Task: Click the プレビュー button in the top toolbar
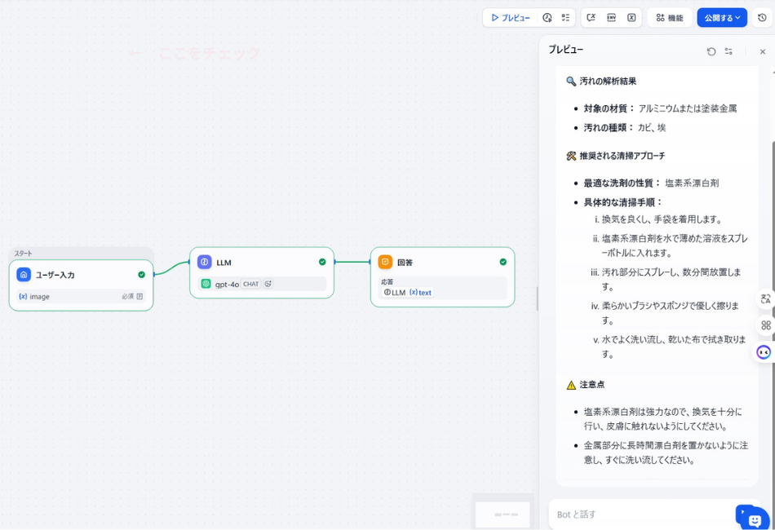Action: (x=511, y=17)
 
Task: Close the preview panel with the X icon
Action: (x=763, y=51)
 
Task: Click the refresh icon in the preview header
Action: (x=711, y=51)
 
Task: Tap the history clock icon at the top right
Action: (x=762, y=17)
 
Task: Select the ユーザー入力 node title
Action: (x=55, y=275)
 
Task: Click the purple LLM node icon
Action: (x=204, y=262)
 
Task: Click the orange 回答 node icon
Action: (x=385, y=262)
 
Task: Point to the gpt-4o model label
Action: (x=227, y=284)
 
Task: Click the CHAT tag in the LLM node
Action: (x=250, y=284)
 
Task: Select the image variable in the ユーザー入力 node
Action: (x=39, y=297)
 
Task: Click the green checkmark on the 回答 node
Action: (x=503, y=262)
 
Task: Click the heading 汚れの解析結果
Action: (x=608, y=82)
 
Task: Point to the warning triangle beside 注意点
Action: (x=571, y=385)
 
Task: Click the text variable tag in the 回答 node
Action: (x=421, y=292)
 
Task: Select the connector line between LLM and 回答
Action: (x=352, y=262)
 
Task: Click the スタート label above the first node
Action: (x=23, y=254)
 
